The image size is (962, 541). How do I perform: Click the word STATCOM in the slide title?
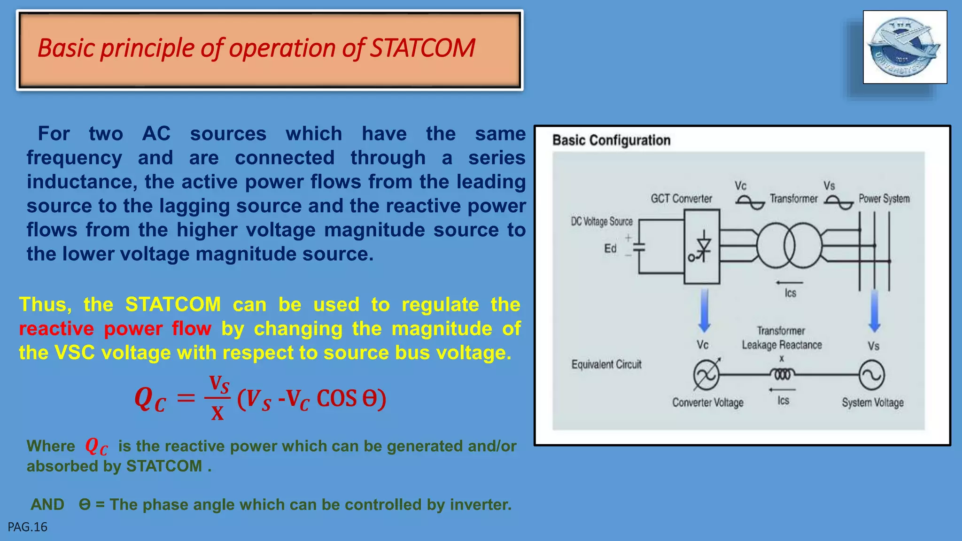[423, 48]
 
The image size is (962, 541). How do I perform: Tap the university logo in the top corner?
[904, 47]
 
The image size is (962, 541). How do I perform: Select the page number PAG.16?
[28, 527]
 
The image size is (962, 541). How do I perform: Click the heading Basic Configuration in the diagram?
[611, 140]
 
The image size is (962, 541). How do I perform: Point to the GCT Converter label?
[681, 199]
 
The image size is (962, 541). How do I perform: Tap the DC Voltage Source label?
[602, 221]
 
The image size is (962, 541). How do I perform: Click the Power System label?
[884, 199]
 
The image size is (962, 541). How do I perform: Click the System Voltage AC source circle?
[872, 375]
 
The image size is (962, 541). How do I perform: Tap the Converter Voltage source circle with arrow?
[706, 375]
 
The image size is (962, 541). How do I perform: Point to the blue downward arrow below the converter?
[704, 310]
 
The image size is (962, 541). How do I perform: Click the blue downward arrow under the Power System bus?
[874, 310]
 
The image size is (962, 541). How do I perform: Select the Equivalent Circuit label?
[606, 364]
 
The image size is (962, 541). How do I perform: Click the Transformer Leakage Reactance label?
[782, 338]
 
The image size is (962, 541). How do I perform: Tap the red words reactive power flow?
[115, 329]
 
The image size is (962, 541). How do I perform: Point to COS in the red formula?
[336, 399]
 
